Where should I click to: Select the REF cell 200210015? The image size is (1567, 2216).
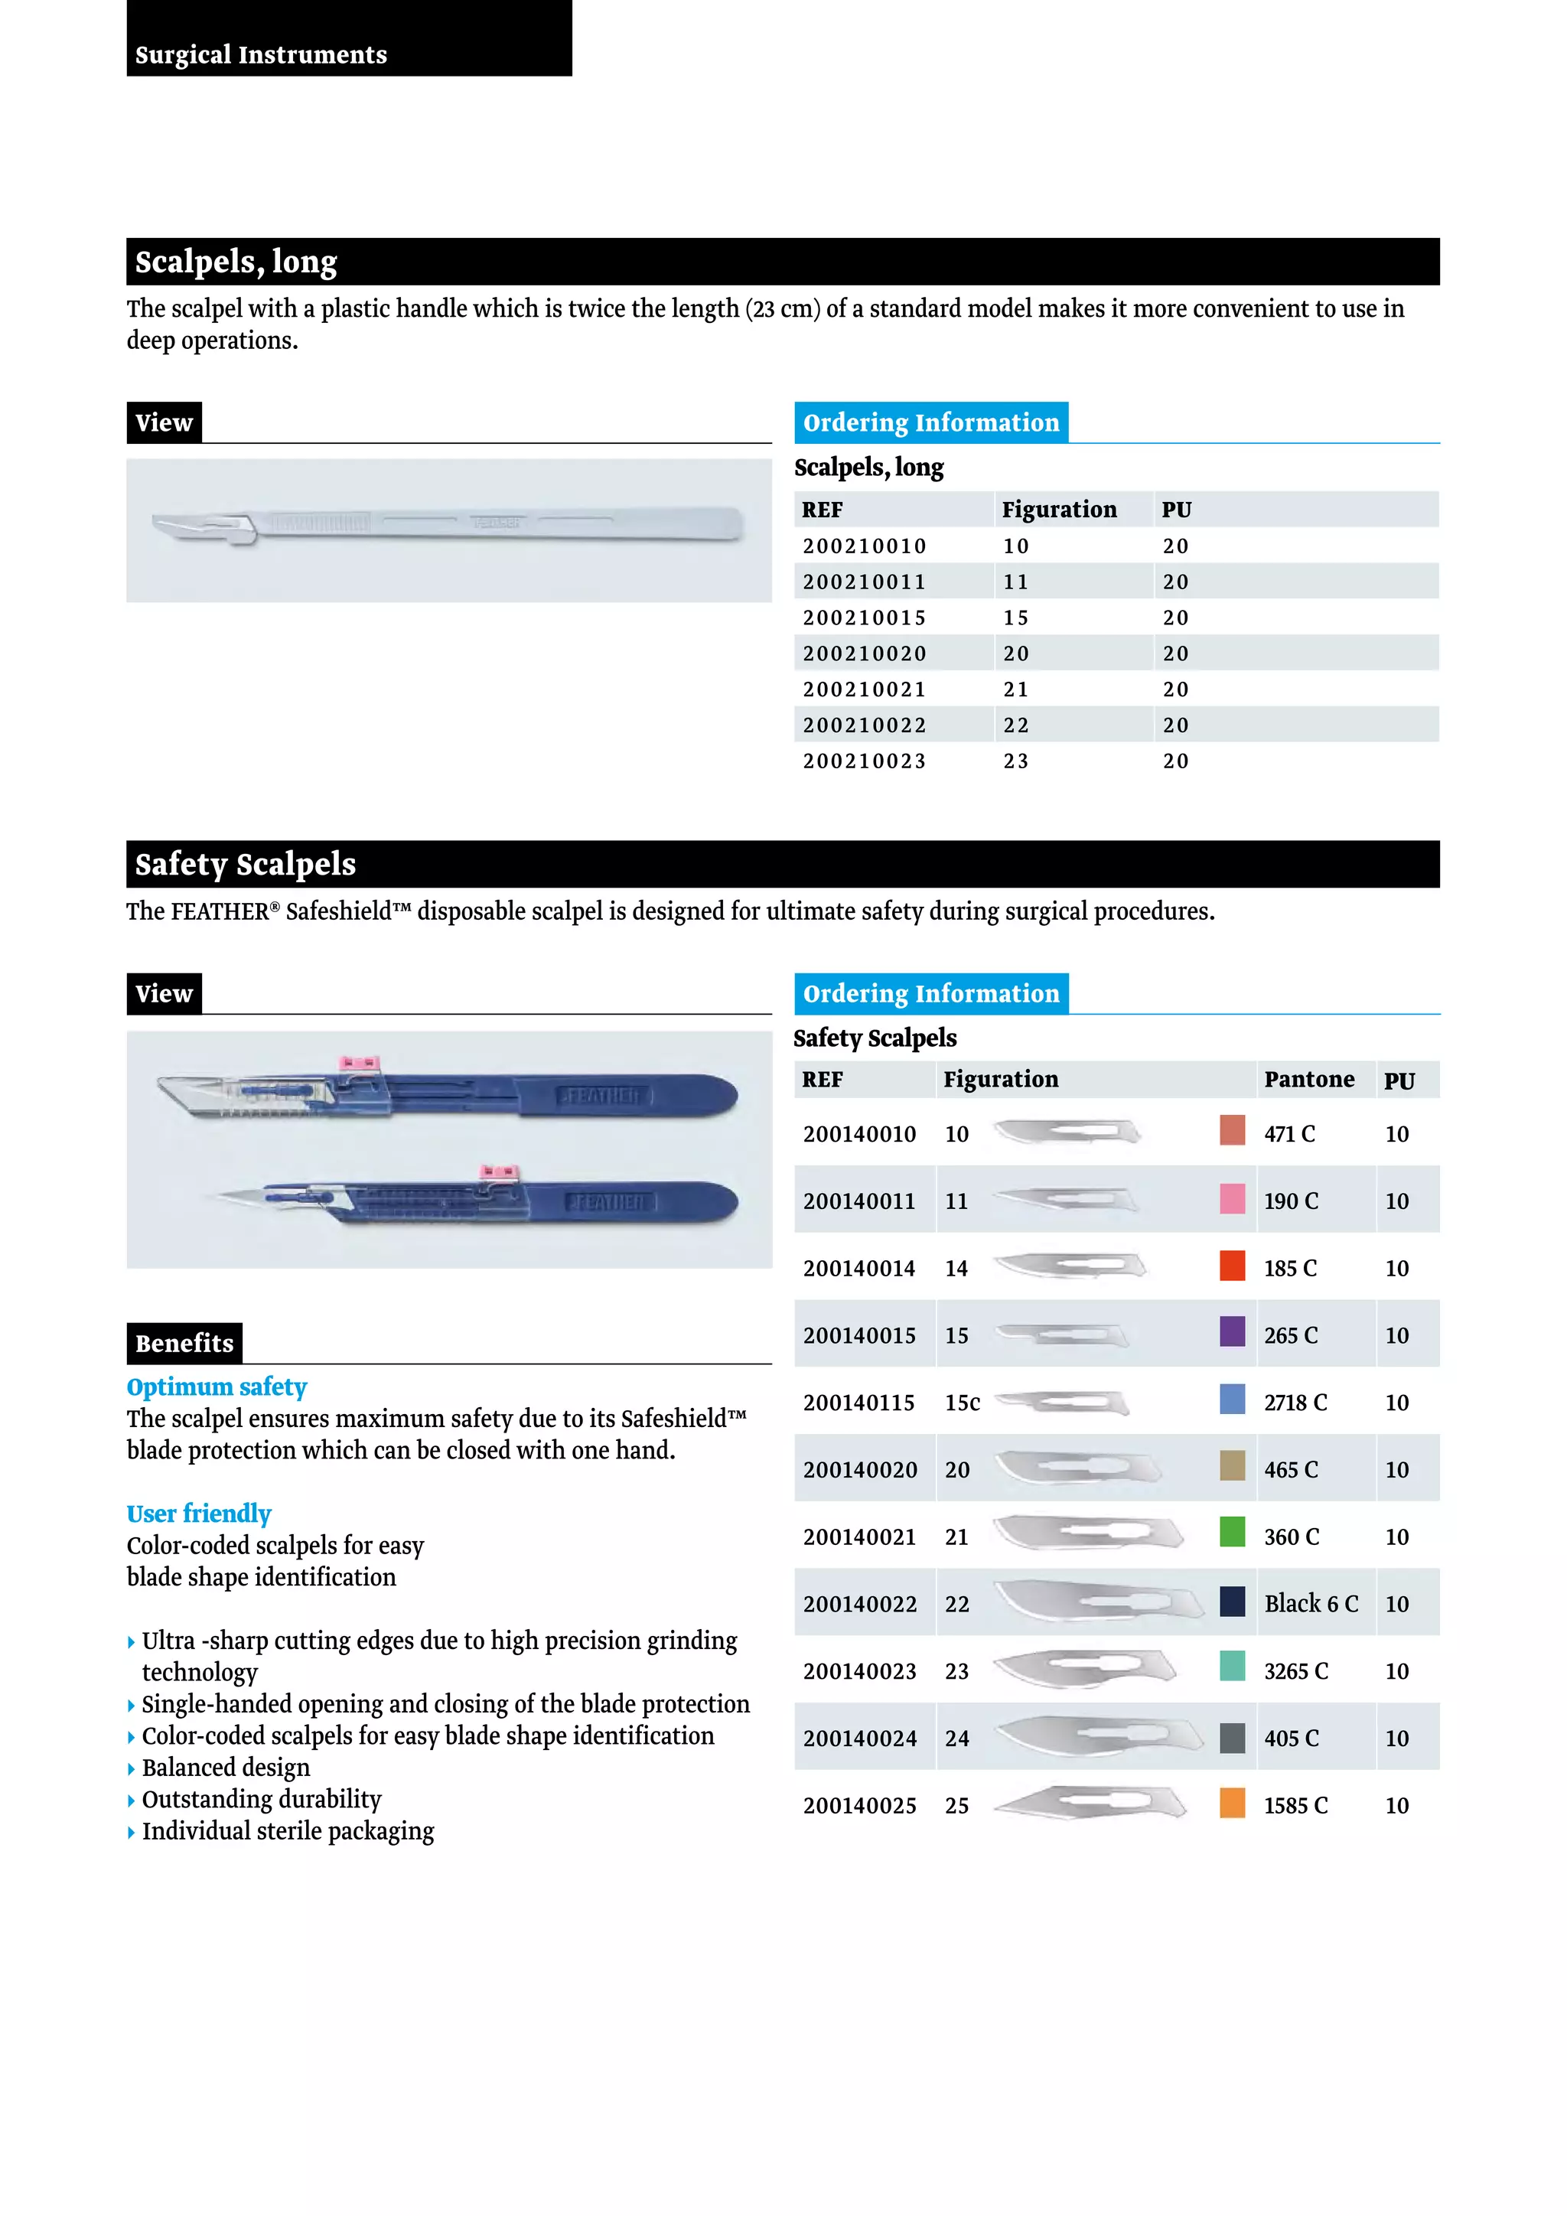pyautogui.click(x=864, y=618)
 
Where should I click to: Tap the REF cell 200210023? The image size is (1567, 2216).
pyautogui.click(x=864, y=761)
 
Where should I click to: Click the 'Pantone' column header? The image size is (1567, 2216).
pyautogui.click(x=1308, y=1079)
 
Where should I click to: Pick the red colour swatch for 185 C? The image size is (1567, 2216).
pyautogui.click(x=1232, y=1266)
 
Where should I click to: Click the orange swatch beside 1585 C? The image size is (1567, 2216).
pyautogui.click(x=1232, y=1803)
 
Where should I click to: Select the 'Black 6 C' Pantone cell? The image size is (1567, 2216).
pyautogui.click(x=1311, y=1603)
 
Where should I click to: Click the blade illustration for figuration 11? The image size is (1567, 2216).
pyautogui.click(x=1066, y=1200)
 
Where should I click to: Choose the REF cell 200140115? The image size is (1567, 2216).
pyautogui.click(x=858, y=1403)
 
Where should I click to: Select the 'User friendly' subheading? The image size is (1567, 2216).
pyautogui.click(x=199, y=1514)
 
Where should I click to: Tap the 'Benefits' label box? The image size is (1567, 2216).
pyautogui.click(x=184, y=1343)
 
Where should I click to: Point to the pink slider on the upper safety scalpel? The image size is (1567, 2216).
pyautogui.click(x=358, y=1064)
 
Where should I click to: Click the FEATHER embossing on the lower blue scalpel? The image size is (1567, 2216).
pyautogui.click(x=609, y=1203)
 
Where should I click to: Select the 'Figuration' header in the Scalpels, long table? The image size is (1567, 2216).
pyautogui.click(x=1058, y=510)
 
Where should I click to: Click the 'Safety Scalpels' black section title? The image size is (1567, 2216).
pyautogui.click(x=245, y=864)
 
